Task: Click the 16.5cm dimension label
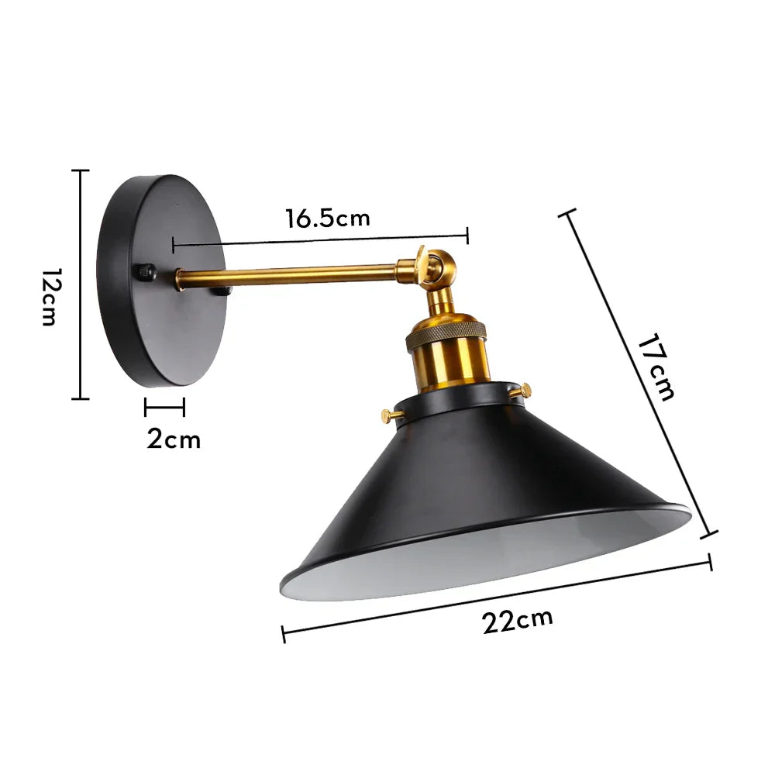click(327, 218)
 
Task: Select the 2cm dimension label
click(174, 439)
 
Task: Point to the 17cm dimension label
click(654, 367)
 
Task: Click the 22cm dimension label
click(518, 621)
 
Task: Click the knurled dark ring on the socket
click(447, 332)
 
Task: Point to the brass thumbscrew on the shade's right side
click(526, 390)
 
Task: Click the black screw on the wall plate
click(145, 273)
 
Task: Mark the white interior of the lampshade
click(496, 554)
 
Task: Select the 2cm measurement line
click(164, 405)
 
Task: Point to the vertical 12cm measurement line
click(81, 284)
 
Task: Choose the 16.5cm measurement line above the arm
click(319, 239)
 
